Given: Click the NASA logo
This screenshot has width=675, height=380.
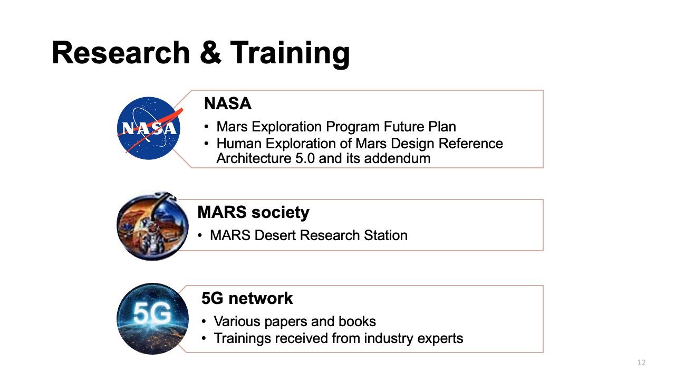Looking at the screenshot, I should (x=148, y=128).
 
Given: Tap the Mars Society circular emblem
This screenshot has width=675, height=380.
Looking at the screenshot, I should (x=152, y=226).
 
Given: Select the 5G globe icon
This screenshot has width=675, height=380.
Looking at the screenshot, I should (x=152, y=318).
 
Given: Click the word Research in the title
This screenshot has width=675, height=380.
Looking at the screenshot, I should (x=121, y=53).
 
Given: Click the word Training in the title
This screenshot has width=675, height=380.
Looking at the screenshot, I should (x=290, y=53).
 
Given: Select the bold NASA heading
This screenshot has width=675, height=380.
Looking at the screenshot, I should (x=227, y=104).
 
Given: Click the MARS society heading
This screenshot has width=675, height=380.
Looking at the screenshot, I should (x=253, y=213).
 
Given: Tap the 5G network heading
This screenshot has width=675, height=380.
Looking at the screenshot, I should (x=247, y=298).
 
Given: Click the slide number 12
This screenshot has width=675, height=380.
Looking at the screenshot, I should (x=641, y=363).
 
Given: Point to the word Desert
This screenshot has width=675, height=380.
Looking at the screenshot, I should (x=275, y=235).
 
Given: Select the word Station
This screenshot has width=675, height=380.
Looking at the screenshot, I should (x=383, y=235).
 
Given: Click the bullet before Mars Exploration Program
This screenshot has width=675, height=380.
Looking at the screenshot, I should (x=207, y=127).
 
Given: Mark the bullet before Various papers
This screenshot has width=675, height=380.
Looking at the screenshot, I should (x=204, y=321).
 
